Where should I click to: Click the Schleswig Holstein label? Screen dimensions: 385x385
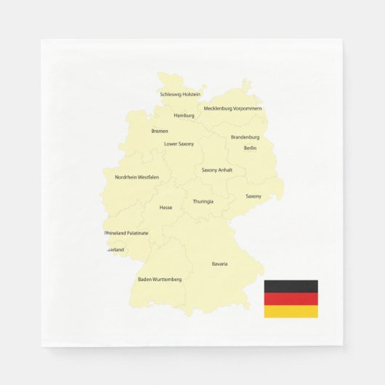180,94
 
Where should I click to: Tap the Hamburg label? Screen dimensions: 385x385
184,115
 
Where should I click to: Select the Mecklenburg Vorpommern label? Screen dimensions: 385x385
232,109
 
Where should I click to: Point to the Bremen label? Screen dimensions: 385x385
160,131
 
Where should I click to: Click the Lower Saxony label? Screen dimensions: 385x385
179,144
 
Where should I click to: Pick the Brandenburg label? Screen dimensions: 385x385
245,137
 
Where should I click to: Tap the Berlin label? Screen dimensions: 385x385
250,148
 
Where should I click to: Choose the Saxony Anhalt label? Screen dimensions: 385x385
217,170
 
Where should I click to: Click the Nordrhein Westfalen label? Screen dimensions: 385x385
137,177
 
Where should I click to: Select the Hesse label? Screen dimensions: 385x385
166,208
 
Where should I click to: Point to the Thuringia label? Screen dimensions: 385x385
203,202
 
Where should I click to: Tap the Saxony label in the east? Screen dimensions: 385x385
254,196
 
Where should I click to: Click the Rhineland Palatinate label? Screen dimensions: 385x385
126,233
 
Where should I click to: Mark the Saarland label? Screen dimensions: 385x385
115,250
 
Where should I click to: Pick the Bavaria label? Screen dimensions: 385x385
219,264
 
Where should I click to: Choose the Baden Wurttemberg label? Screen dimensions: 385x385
160,279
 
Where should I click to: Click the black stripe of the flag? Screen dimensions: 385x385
291,286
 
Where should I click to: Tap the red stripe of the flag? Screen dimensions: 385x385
291,299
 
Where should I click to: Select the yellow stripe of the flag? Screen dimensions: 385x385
291,311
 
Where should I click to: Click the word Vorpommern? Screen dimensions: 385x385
247,109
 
